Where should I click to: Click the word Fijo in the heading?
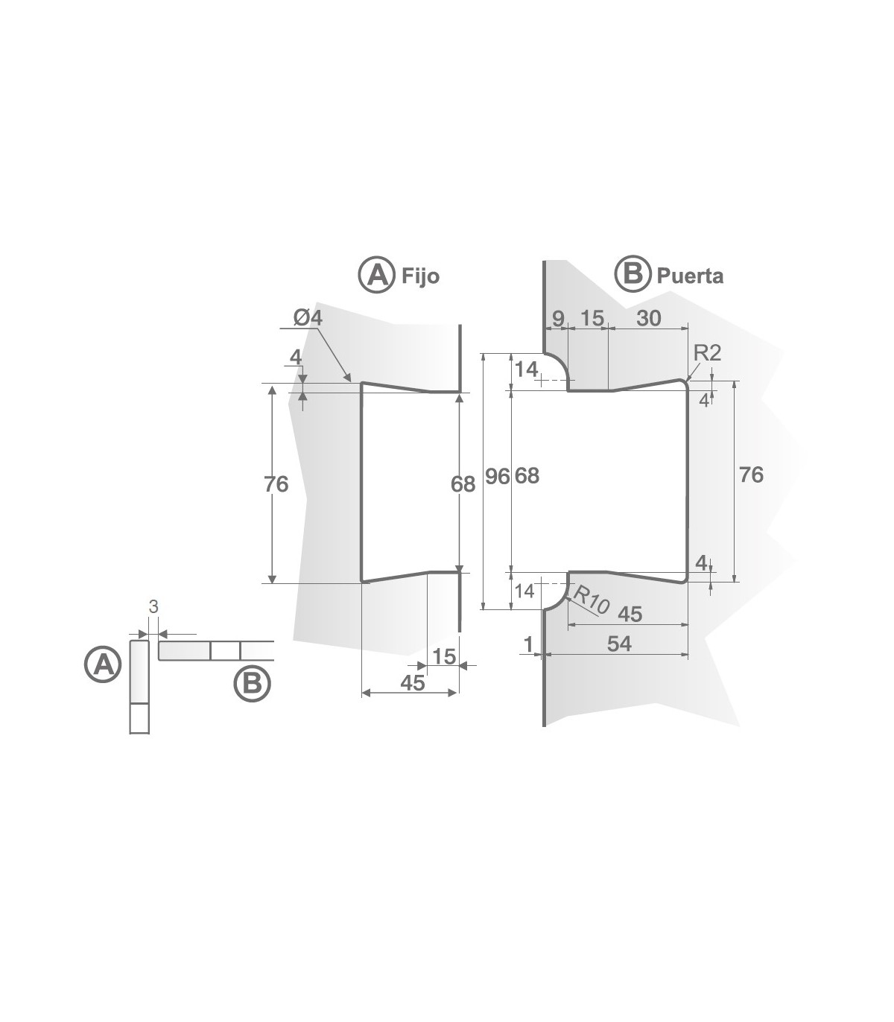420,276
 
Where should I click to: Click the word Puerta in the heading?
689,276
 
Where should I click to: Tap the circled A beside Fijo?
376,275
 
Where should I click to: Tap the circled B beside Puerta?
632,274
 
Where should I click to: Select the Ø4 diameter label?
308,317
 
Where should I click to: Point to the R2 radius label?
707,353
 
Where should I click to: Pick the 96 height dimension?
497,476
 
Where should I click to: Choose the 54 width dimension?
619,644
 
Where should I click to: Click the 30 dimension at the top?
649,318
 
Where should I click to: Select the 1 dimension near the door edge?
529,644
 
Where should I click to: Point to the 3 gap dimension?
153,607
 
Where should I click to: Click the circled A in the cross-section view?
102,664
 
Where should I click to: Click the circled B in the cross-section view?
253,684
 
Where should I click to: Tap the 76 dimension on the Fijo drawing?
276,484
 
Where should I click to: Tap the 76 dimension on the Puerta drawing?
751,475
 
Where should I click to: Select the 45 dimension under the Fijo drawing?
412,682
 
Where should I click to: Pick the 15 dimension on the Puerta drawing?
592,318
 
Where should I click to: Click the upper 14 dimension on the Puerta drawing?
526,369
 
